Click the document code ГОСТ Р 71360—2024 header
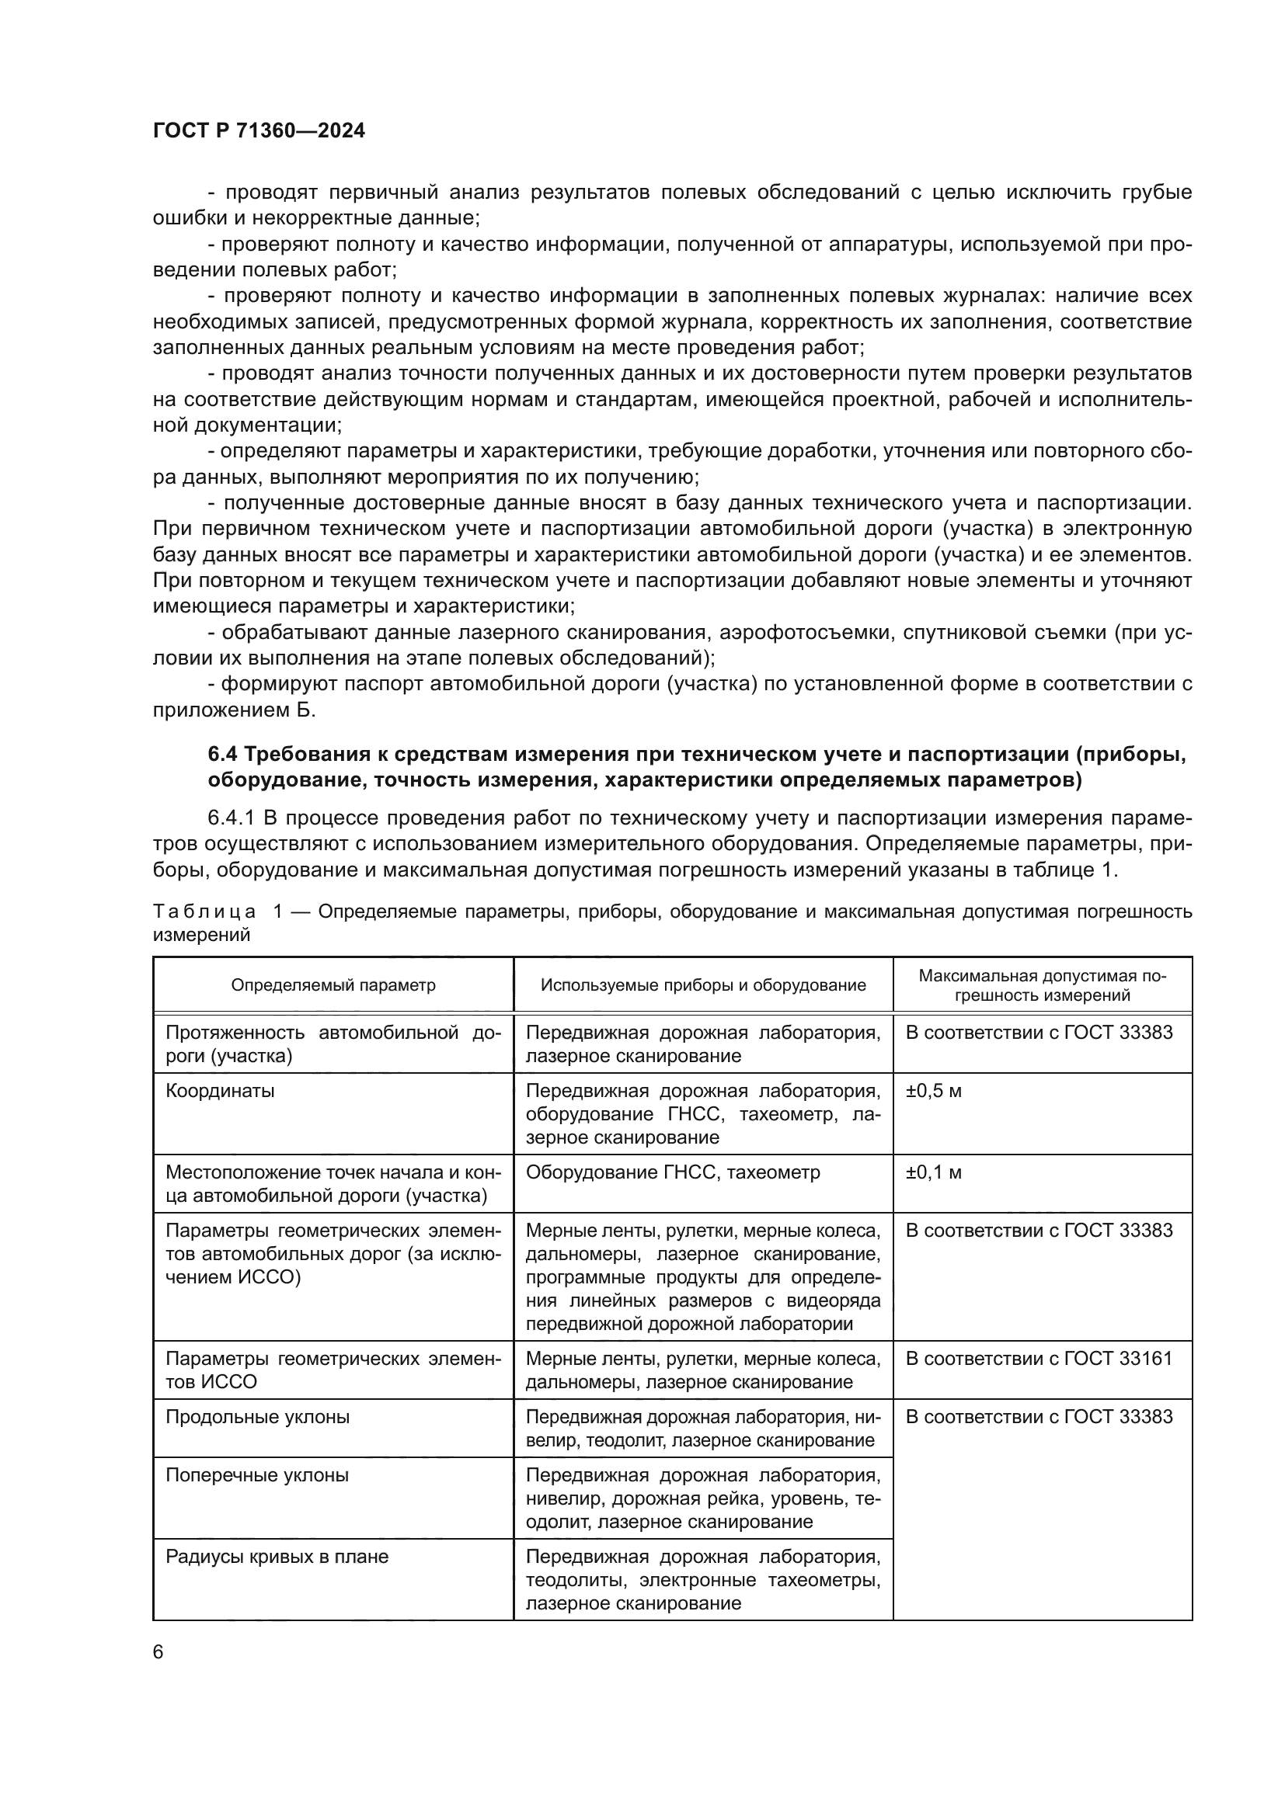[259, 131]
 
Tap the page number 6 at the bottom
[158, 1652]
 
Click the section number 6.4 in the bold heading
[223, 755]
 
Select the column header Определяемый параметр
[333, 984]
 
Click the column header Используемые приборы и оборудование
[702, 984]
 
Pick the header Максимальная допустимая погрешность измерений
[1041, 984]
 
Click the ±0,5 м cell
[933, 1092]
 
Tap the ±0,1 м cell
[933, 1172]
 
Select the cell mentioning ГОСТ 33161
[1038, 1359]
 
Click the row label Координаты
[220, 1092]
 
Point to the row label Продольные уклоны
[257, 1418]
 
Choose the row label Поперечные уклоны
[256, 1476]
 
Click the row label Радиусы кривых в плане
[277, 1557]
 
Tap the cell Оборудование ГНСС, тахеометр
[673, 1172]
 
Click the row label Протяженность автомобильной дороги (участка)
[333, 1044]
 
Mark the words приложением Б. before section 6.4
[233, 710]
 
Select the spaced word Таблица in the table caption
[204, 912]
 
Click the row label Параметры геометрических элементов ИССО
[333, 1370]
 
